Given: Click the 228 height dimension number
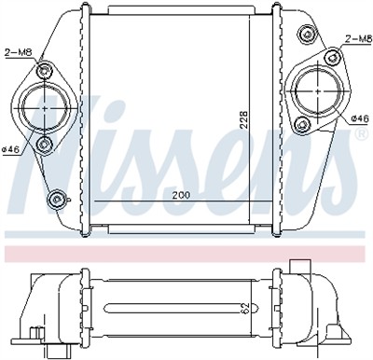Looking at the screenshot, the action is (x=244, y=119).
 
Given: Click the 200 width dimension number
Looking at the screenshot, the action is (x=181, y=195).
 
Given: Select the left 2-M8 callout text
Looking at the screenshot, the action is (x=19, y=52).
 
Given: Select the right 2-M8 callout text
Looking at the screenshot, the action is (x=359, y=38).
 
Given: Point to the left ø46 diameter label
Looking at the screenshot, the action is (x=11, y=149).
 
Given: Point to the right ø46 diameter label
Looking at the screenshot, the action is (x=360, y=118).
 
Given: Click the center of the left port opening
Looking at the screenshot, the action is (x=45, y=108).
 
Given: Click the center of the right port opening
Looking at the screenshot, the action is (x=318, y=90).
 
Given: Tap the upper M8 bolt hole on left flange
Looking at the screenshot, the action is (x=44, y=70).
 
